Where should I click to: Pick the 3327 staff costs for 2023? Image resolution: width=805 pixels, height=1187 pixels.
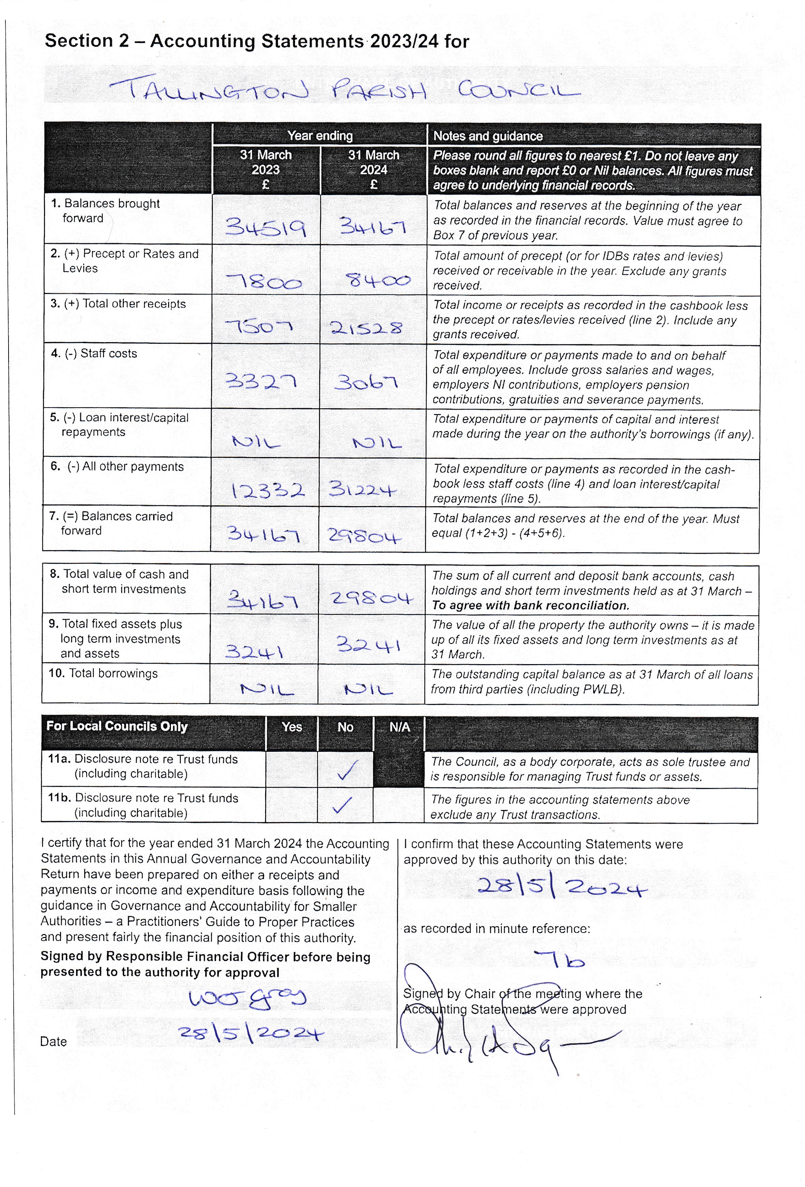tap(261, 381)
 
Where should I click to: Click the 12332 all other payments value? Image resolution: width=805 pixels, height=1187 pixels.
tap(268, 490)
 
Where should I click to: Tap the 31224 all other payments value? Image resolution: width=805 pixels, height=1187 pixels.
tap(362, 489)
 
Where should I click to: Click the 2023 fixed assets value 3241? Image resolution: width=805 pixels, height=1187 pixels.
tap(254, 651)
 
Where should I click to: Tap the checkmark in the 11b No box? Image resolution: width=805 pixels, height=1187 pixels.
tap(342, 805)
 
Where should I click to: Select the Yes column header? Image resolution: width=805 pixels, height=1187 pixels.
tap(292, 727)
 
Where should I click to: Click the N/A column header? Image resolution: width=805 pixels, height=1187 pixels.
tap(399, 727)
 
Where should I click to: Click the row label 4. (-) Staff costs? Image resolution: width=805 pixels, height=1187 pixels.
tap(94, 353)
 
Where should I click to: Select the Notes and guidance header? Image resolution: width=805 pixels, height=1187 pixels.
tap(488, 136)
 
